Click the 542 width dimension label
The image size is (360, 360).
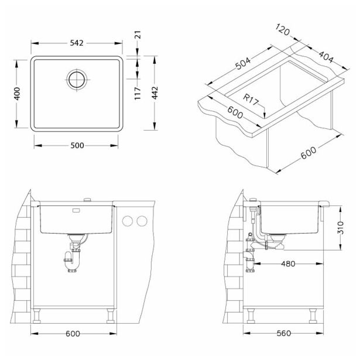tap(77, 43)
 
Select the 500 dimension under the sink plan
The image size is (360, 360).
tap(77, 145)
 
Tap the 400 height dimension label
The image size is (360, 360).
tap(17, 94)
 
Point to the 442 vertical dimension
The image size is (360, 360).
tap(155, 92)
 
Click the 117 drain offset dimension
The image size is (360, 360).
tap(138, 93)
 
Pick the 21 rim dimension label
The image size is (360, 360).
tap(138, 35)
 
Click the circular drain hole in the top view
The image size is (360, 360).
tap(77, 80)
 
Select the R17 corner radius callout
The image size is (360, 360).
tap(251, 100)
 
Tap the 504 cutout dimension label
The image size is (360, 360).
tap(243, 63)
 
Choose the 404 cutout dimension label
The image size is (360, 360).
tap(326, 57)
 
